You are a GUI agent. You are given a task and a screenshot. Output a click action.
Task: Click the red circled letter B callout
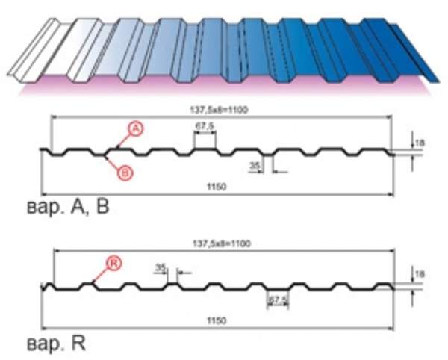[x=125, y=173]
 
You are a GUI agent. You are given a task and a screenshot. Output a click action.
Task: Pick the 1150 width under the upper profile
[x=217, y=184]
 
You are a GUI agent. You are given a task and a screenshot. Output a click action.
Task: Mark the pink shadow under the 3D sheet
[x=224, y=88]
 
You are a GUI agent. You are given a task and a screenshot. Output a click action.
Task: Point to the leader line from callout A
[x=119, y=142]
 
